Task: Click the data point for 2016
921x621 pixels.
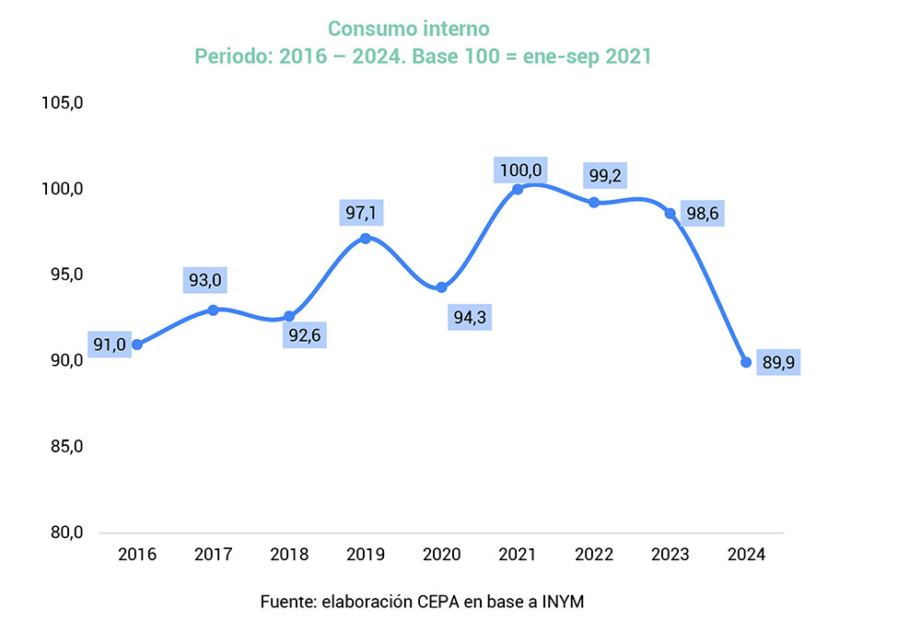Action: (x=137, y=345)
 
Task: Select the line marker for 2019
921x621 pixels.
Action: (x=366, y=238)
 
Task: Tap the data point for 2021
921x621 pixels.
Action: (x=518, y=189)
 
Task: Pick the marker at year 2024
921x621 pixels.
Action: (x=746, y=362)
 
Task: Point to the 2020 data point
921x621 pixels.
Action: (x=441, y=287)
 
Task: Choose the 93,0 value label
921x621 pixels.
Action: (x=209, y=280)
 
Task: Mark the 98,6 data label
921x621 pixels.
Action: (x=701, y=215)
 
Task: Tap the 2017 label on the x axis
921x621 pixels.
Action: (x=214, y=555)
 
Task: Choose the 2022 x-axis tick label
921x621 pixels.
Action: (x=594, y=555)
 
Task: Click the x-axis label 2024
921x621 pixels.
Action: (x=746, y=555)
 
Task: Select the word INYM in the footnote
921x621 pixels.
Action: (x=564, y=602)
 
